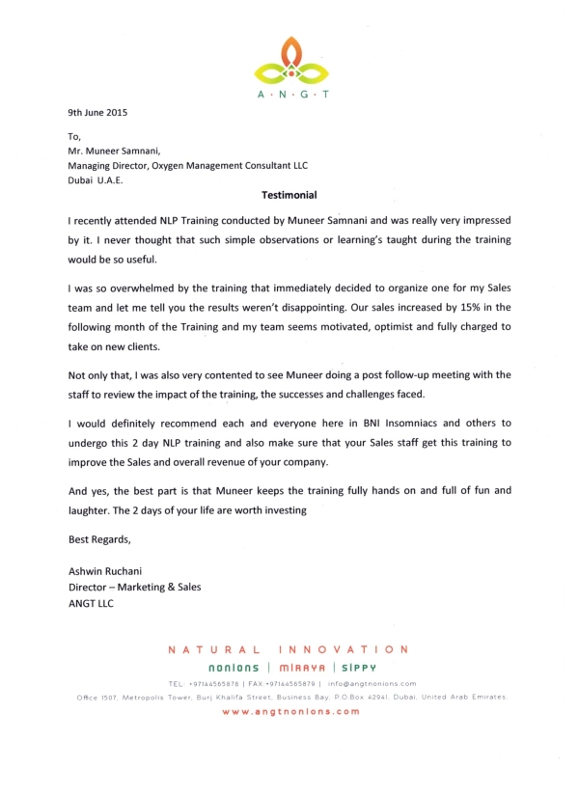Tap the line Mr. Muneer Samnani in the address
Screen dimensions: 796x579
[109, 151]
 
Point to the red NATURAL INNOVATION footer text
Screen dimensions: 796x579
[289, 648]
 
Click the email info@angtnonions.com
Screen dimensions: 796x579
[371, 682]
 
